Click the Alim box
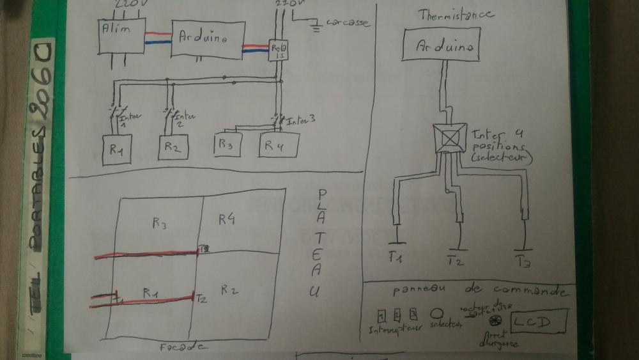point(121,37)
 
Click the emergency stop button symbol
point(494,319)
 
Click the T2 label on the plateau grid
point(201,298)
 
